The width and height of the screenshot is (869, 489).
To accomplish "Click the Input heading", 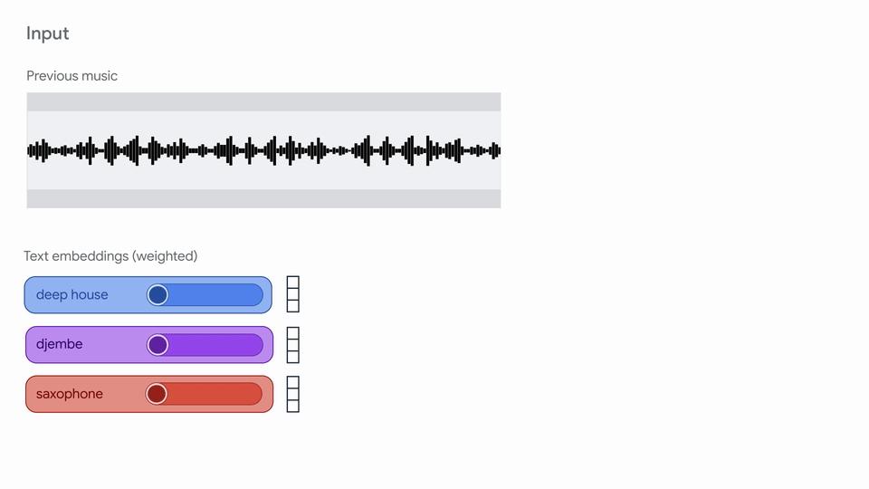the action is pos(48,34).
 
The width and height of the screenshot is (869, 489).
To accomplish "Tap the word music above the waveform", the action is pos(100,76).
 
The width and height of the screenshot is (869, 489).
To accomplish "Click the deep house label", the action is pos(72,295).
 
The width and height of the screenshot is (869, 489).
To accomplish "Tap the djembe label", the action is pos(60,344).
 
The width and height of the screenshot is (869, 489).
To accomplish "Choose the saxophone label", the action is pos(70,394).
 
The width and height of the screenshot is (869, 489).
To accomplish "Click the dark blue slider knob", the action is pos(158,295).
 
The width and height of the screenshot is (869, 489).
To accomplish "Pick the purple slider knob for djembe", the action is pos(158,345).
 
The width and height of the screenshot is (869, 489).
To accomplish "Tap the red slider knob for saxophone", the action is pos(157,394).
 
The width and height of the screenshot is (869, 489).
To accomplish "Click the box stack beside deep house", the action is pos(293,294).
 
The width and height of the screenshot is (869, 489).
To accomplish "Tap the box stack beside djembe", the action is pos(293,345).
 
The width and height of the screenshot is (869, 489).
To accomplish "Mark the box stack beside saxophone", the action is pos(293,394).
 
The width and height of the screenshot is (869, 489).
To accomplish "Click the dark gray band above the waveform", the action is pos(263,102).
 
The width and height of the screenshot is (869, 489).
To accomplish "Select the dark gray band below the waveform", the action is pos(263,198).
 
